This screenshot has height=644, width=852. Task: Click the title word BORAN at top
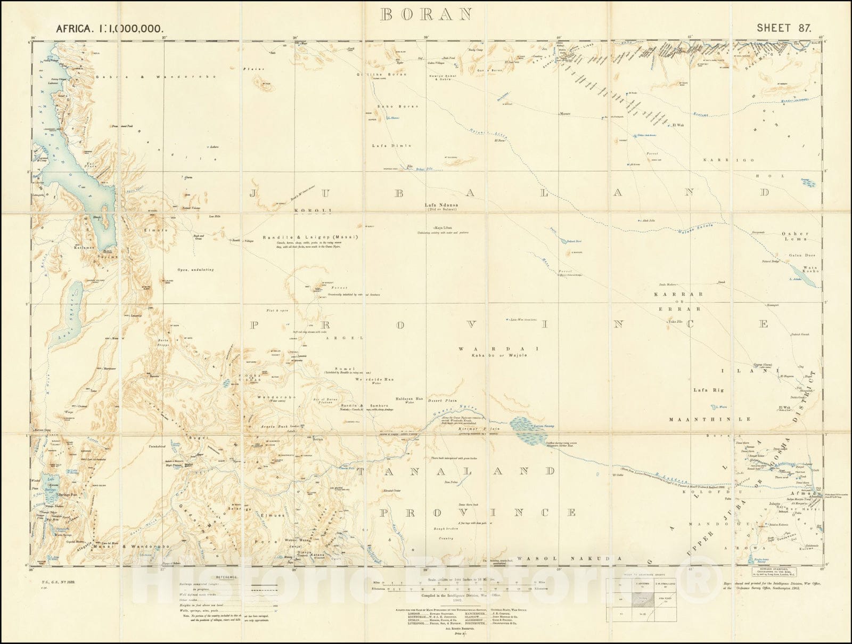[425, 14]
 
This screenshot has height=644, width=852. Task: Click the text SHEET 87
[783, 28]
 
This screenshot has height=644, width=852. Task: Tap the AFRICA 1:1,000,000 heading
[109, 29]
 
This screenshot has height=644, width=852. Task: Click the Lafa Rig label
[708, 390]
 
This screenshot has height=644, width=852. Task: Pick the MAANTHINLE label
[710, 419]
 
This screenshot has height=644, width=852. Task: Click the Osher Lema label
[795, 237]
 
